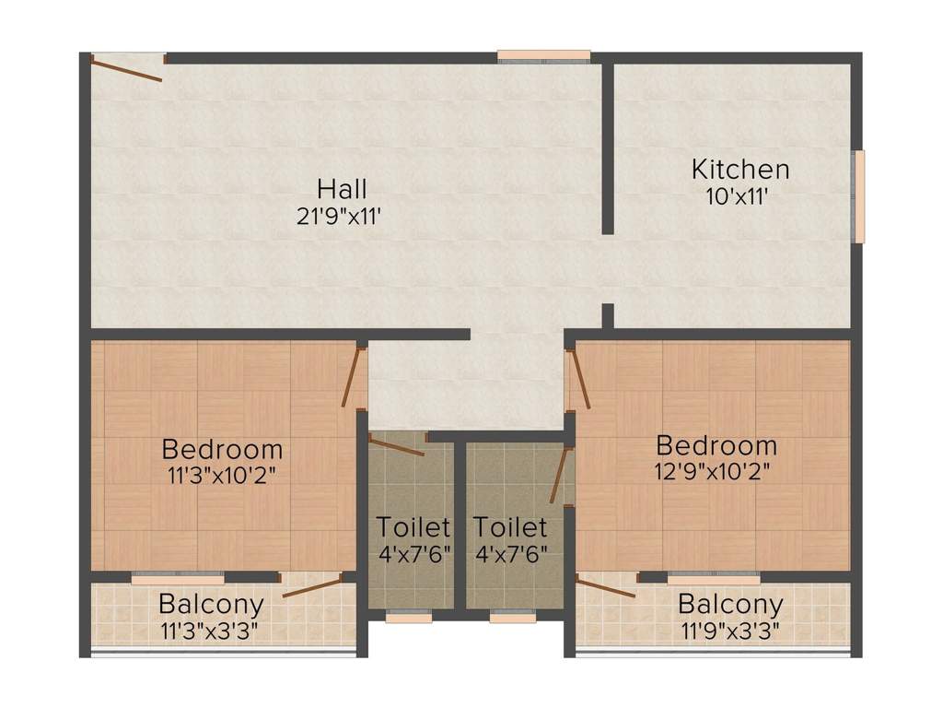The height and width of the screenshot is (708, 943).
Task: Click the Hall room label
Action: point(342,189)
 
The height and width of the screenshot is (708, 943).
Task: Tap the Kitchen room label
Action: point(740,170)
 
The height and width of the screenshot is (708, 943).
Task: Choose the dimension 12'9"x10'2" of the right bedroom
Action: point(716,471)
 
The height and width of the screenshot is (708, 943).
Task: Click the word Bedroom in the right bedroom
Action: point(716,445)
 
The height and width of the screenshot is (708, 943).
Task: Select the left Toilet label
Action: point(413,527)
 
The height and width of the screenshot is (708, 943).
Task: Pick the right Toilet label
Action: point(510,527)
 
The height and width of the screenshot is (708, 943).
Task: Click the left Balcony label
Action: point(211,605)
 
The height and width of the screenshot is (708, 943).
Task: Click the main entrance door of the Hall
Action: point(127,67)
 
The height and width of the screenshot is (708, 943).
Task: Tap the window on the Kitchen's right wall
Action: point(859,196)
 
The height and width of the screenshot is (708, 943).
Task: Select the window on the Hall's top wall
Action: point(543,56)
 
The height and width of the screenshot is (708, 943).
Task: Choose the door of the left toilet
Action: point(396,446)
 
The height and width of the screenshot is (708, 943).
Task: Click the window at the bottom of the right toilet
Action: point(513,618)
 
